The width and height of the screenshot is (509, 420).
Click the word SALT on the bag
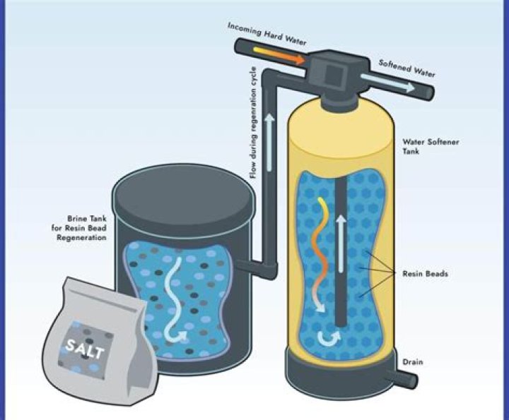(84, 349)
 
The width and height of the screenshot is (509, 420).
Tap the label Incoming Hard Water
(267, 34)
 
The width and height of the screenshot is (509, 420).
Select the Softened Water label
(407, 68)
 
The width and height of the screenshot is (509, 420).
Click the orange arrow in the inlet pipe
(279, 55)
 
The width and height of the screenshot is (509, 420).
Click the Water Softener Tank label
(431, 147)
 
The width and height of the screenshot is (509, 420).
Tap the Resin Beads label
(426, 274)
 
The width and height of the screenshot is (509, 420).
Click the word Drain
(413, 361)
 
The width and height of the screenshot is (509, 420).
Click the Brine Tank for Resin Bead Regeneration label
(79, 228)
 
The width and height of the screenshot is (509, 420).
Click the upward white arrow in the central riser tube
(341, 244)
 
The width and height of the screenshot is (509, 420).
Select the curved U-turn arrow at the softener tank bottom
(329, 339)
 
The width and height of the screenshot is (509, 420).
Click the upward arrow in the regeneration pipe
(269, 143)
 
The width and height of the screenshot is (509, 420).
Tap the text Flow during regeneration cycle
(254, 123)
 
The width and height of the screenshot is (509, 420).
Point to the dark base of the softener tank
(341, 376)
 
